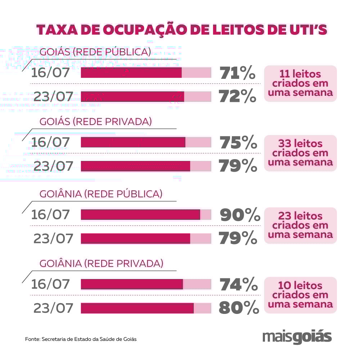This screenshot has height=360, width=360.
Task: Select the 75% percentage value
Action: click(238, 143)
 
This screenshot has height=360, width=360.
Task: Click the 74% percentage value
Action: click(239, 285)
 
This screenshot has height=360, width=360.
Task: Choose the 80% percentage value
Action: click(239, 308)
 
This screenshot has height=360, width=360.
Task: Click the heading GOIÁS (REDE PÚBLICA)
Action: click(95, 52)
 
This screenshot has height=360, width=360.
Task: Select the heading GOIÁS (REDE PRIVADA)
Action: click(95, 122)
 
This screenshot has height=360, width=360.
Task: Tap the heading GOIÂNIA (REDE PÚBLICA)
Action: click(101, 194)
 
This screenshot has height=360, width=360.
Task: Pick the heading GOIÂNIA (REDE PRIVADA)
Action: click(101, 264)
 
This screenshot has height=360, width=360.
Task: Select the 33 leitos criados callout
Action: click(301, 153)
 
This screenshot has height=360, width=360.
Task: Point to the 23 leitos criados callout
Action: click(301, 225)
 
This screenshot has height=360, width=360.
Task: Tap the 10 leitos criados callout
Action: click(301, 295)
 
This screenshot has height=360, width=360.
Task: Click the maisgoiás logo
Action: click(297, 337)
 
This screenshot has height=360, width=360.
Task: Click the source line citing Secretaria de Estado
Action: click(81, 339)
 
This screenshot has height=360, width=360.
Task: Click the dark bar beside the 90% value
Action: click(140, 215)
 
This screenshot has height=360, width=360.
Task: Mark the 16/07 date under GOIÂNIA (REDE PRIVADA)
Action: click(50, 284)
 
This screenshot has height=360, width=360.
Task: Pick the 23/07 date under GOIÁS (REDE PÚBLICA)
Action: click(53, 96)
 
